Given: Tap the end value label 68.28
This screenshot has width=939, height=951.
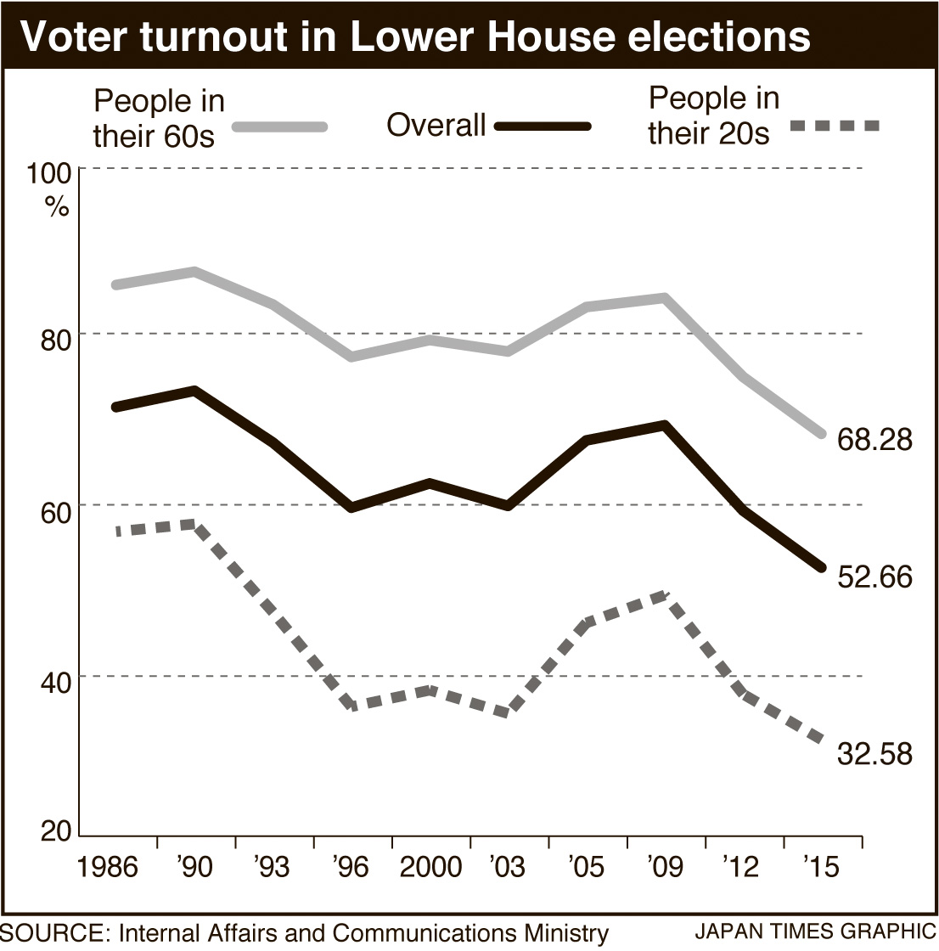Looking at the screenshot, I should [874, 440].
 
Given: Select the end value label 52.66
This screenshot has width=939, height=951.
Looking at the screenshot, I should [874, 577].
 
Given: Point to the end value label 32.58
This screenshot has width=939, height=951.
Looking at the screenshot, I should [874, 753].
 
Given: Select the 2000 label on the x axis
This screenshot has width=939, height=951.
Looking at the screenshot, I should [430, 868].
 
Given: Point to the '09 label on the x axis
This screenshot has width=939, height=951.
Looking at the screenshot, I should [665, 868].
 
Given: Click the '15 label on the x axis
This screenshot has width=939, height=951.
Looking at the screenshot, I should [821, 868].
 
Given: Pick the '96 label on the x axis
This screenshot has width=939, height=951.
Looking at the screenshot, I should [351, 868].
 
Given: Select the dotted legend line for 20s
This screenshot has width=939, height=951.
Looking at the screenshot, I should [834, 127].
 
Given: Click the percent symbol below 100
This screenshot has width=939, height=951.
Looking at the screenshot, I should [57, 208].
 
